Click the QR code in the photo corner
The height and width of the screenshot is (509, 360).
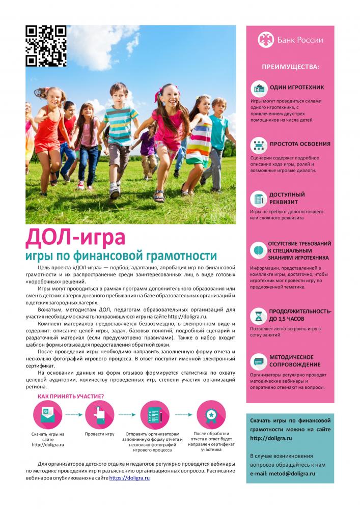point(46,46)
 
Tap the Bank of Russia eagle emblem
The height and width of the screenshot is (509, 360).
point(265,40)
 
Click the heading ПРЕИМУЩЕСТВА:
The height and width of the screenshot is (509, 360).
point(291,67)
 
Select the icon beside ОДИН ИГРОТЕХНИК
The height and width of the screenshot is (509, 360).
point(259,88)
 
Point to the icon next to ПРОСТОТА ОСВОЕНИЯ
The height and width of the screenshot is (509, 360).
point(259,145)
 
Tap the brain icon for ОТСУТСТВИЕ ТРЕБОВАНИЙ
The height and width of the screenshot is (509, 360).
point(259,250)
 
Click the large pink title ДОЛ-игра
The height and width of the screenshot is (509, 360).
point(75,237)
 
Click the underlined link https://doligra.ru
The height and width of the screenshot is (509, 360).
point(129,478)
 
